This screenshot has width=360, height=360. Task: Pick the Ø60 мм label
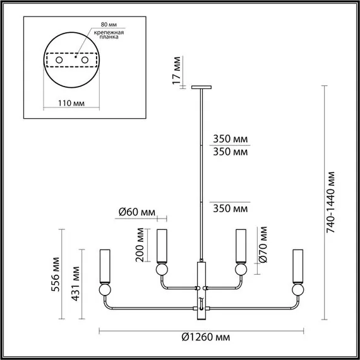(x=136, y=213)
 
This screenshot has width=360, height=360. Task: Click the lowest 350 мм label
(x=231, y=208)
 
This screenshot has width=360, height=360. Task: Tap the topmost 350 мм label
(x=231, y=139)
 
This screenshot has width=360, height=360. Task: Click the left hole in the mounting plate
(x=60, y=60)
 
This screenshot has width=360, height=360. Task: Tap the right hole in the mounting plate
(x=81, y=60)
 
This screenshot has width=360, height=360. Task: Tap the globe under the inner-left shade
(x=161, y=270)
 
